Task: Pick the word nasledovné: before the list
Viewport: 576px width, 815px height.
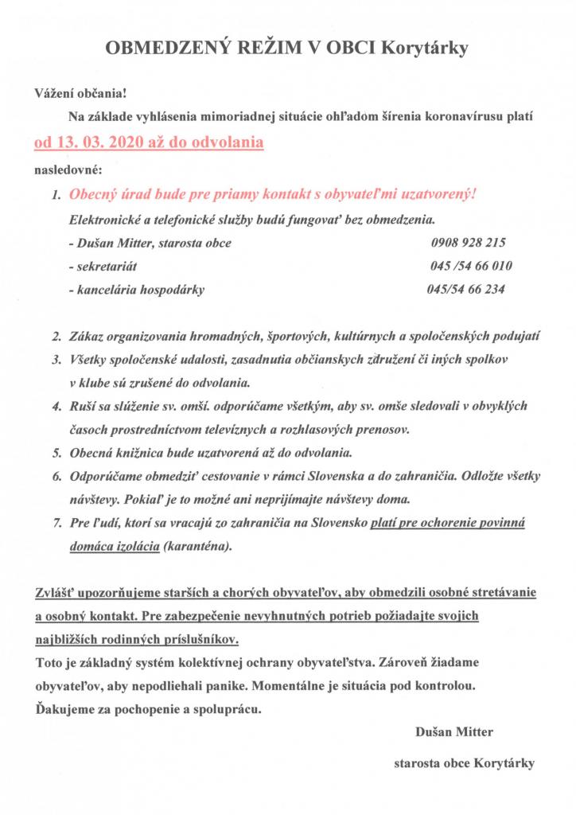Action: coord(68,170)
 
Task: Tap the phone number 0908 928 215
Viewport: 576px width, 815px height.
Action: coord(467,243)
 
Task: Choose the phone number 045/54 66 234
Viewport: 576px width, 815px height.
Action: coord(465,289)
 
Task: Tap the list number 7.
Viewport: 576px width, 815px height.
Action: coord(56,524)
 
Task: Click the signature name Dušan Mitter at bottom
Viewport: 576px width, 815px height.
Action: coord(453,731)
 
